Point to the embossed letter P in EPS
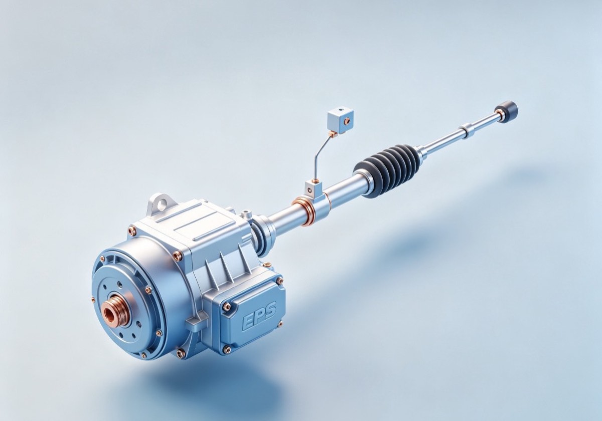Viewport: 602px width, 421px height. click(x=258, y=317)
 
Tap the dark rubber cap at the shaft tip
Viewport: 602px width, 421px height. click(x=509, y=111)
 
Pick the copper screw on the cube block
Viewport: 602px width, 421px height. click(x=348, y=121)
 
